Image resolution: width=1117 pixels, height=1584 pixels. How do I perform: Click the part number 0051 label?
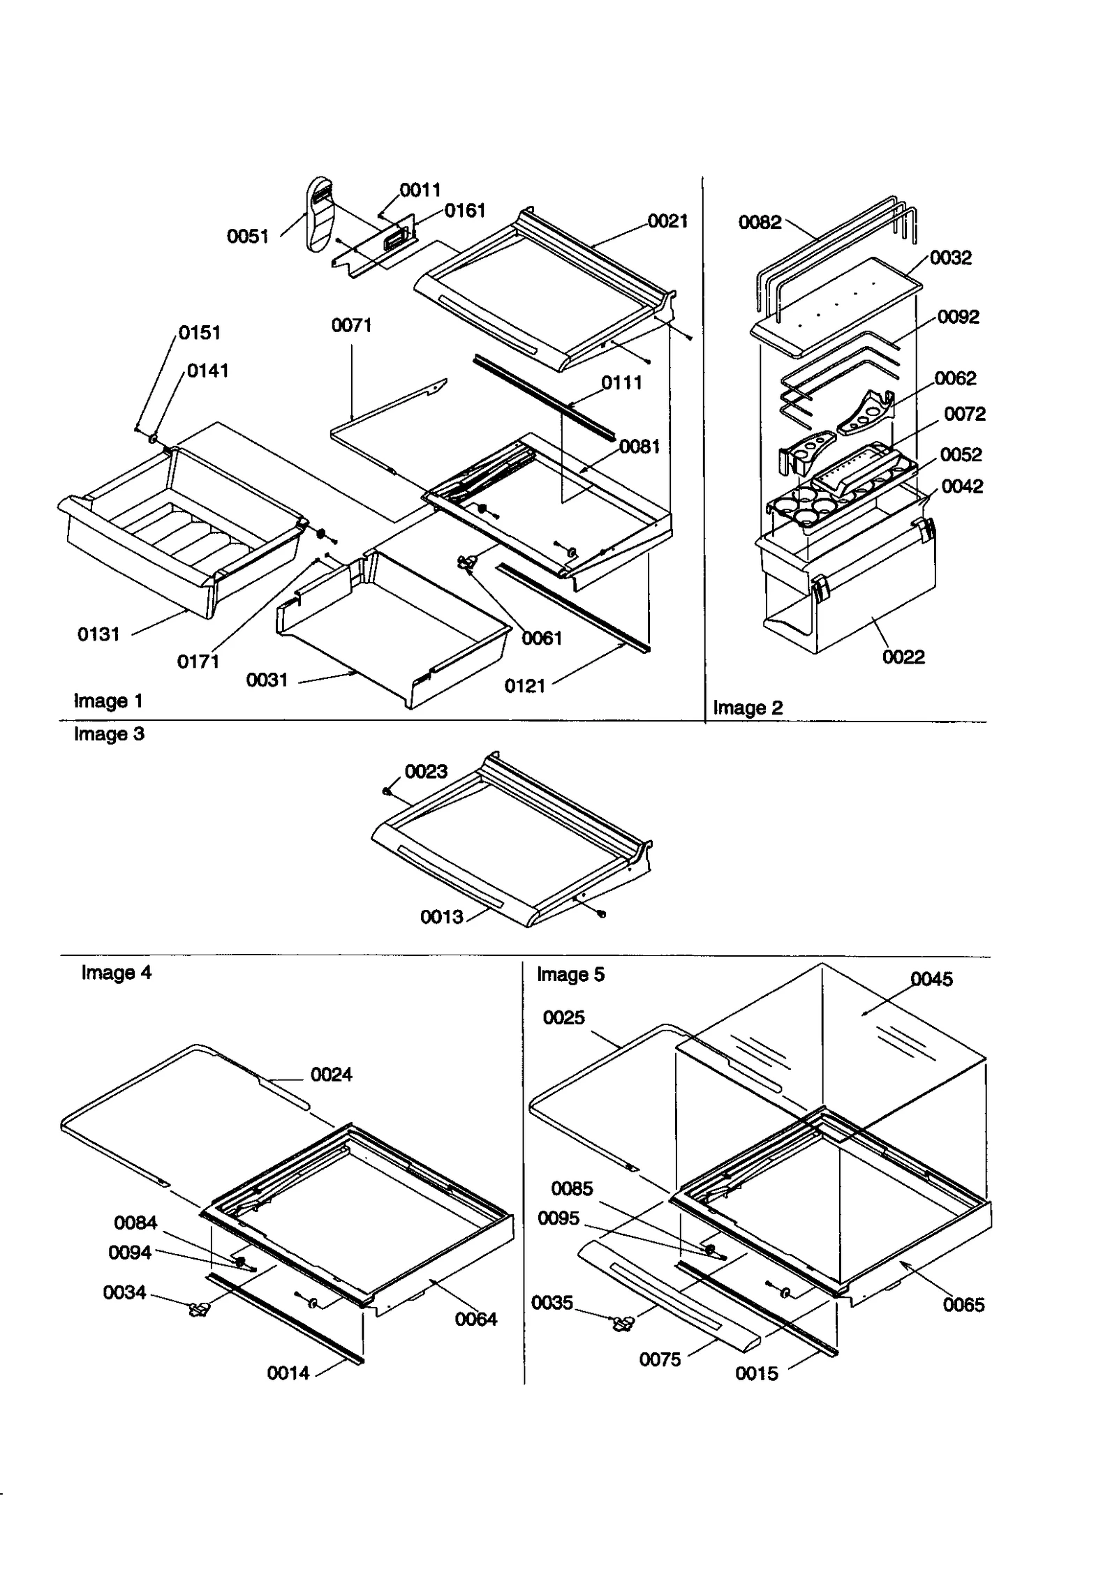(248, 237)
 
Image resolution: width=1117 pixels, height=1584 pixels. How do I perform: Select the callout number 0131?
(98, 634)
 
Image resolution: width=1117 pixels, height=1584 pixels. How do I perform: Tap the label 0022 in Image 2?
(903, 657)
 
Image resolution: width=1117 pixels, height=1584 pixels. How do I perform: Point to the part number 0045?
(931, 980)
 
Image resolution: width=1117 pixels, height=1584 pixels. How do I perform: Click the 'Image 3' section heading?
(109, 734)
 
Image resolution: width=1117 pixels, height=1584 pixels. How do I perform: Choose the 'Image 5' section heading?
(570, 975)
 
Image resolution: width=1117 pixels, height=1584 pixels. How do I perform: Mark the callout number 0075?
(660, 1359)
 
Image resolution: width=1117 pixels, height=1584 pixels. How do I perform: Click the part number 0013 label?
(441, 917)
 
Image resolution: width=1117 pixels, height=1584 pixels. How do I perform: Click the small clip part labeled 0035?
(622, 1323)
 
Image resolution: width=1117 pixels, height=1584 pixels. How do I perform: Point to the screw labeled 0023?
(387, 791)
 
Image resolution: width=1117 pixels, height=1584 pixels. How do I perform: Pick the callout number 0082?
(760, 223)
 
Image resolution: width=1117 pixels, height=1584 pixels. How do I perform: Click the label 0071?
(351, 326)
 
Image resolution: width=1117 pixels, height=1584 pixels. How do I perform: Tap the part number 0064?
(475, 1320)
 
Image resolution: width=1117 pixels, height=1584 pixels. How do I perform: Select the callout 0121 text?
(524, 686)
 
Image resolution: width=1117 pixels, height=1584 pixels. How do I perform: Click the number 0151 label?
(200, 333)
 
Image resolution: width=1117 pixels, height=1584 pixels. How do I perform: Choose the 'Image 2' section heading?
(748, 708)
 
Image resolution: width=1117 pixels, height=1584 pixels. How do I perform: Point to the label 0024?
(331, 1075)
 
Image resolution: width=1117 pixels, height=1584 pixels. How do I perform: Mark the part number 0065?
(963, 1305)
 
